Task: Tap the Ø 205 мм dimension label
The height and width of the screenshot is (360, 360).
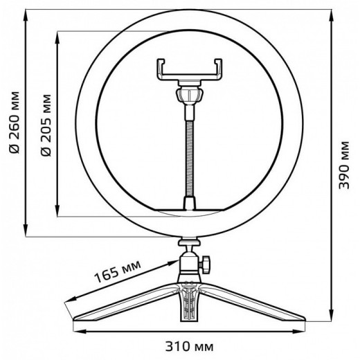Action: pyautogui.click(x=47, y=124)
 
